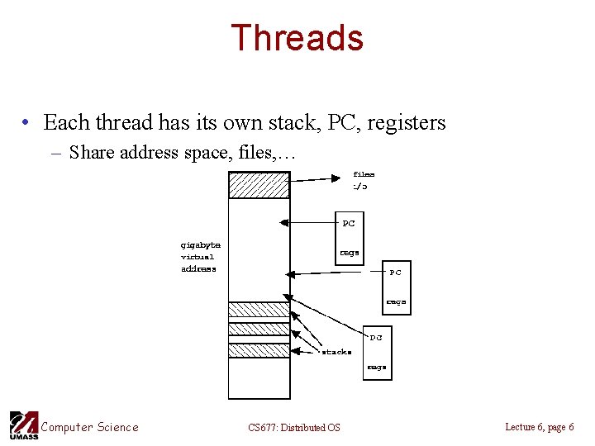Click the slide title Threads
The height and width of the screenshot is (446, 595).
click(297, 39)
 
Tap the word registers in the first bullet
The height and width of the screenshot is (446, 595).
click(406, 123)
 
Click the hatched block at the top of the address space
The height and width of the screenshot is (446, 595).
click(259, 185)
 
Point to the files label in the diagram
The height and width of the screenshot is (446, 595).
click(364, 174)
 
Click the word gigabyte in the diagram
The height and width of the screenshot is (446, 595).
click(200, 244)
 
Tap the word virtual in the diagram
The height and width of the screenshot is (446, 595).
click(198, 257)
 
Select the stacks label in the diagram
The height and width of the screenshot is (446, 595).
click(336, 352)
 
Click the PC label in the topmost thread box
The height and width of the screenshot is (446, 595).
click(349, 223)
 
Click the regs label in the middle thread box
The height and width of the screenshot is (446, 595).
click(396, 302)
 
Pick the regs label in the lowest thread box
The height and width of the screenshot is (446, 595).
click(376, 367)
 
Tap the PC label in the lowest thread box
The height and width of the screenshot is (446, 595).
click(376, 337)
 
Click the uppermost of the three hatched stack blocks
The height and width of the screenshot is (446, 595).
click(259, 310)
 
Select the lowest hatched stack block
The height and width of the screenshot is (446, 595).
click(259, 350)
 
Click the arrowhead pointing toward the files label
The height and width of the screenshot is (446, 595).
click(334, 177)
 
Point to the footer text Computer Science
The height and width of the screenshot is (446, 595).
click(89, 427)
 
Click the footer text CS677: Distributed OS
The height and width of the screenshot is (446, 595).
click(293, 428)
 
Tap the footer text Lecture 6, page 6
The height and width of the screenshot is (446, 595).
click(539, 427)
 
